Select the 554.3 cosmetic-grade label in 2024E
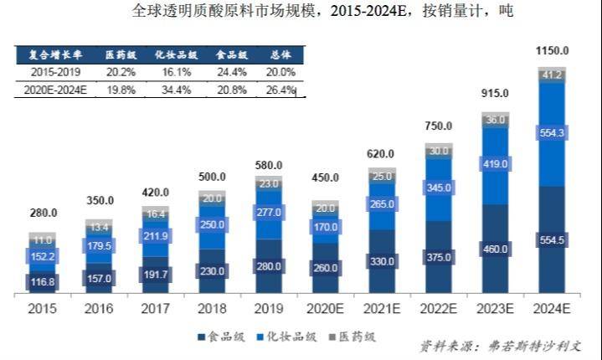click(553, 134)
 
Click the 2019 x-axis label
click(269, 308)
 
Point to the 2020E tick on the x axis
click(325, 308)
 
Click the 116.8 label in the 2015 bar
click(43, 282)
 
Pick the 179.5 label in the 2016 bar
click(99, 245)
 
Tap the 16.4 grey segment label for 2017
click(156, 214)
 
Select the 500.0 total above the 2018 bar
click(212, 177)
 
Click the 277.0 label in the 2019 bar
click(269, 213)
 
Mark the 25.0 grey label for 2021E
click(382, 177)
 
